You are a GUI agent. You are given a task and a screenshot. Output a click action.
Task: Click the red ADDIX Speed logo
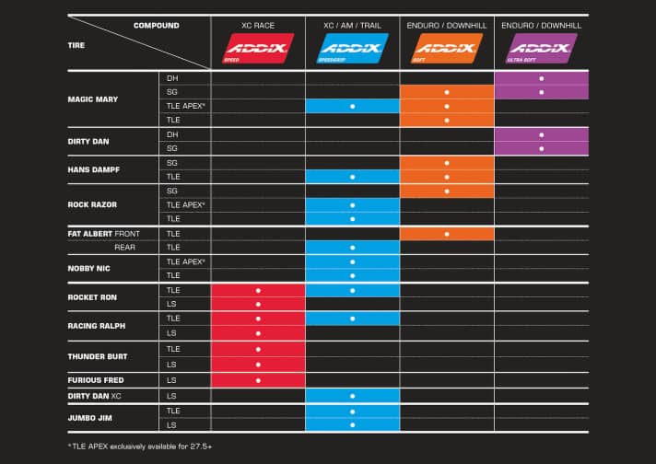258,46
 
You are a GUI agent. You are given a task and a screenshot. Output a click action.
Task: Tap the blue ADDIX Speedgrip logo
352,46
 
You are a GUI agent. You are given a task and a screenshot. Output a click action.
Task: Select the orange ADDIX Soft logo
446,46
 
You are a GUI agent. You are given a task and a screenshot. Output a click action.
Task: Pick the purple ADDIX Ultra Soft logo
541,46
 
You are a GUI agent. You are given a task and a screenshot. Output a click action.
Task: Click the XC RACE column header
258,24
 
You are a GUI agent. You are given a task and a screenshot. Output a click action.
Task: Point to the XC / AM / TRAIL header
352,24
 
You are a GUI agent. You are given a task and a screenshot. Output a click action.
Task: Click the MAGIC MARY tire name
93,99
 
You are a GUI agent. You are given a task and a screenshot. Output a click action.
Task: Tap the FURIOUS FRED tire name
95,379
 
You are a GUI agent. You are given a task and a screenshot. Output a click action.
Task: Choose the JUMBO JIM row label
88,418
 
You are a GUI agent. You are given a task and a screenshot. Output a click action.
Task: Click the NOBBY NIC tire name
88,268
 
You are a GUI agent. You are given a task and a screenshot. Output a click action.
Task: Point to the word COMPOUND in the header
157,25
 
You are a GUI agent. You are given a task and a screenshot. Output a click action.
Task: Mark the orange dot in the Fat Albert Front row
446,234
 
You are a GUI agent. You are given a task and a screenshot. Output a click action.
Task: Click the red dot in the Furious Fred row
258,379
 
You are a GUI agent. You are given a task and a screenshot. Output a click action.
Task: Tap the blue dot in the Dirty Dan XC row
352,395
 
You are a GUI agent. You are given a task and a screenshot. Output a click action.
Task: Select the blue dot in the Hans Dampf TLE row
352,176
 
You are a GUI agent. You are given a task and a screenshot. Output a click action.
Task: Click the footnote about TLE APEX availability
137,446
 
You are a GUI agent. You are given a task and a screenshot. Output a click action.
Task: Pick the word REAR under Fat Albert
125,247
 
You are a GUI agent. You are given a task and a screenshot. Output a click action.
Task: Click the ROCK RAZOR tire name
92,204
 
